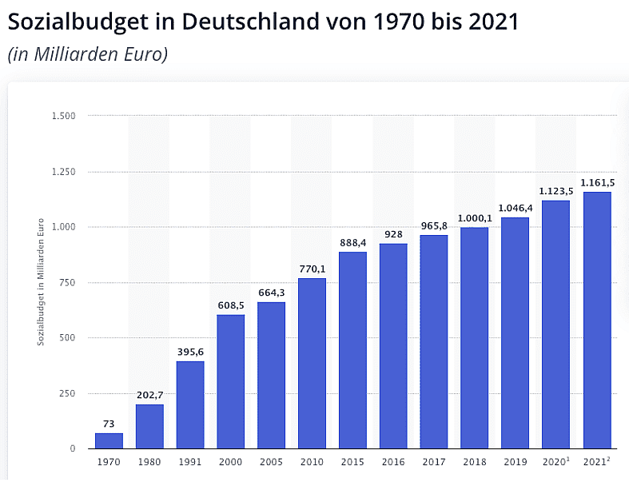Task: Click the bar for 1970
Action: point(109,440)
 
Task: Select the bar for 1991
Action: point(190,404)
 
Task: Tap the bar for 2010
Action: point(312,363)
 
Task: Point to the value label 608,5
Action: point(231,305)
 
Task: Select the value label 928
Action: point(393,235)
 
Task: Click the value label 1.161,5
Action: point(596,183)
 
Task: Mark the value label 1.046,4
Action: point(515,209)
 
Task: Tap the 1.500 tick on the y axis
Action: point(64,117)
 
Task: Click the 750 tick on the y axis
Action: point(67,282)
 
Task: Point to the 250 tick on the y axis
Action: point(67,393)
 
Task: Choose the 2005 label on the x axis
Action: point(271,462)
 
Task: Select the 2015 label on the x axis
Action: point(352,462)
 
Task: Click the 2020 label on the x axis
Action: point(555,462)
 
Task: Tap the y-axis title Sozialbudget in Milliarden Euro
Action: point(41,282)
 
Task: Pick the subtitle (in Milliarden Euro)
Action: point(87,54)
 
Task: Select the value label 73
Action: point(109,424)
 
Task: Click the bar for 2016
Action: point(393,346)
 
